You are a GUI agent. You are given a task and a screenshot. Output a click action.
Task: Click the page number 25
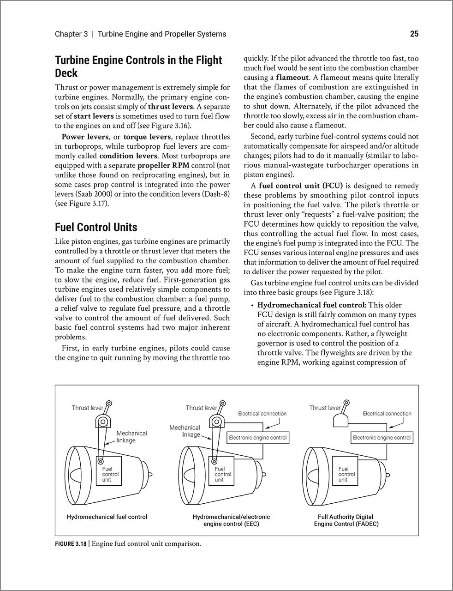414,34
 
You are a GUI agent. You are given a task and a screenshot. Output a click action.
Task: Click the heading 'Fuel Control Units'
96,227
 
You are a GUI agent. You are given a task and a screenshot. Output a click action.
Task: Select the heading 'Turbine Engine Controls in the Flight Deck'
138,66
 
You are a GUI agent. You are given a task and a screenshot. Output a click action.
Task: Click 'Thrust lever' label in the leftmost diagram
87,408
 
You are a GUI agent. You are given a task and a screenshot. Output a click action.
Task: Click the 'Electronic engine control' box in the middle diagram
257,437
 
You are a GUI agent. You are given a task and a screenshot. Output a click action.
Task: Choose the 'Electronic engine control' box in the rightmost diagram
381,437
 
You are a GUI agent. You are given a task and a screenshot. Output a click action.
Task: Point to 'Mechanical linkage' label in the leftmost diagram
131,437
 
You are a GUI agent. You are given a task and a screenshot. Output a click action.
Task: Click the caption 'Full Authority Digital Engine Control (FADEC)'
346,520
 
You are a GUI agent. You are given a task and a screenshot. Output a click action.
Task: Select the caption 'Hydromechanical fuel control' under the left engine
107,517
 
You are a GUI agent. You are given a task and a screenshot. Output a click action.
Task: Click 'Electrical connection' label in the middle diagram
262,414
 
